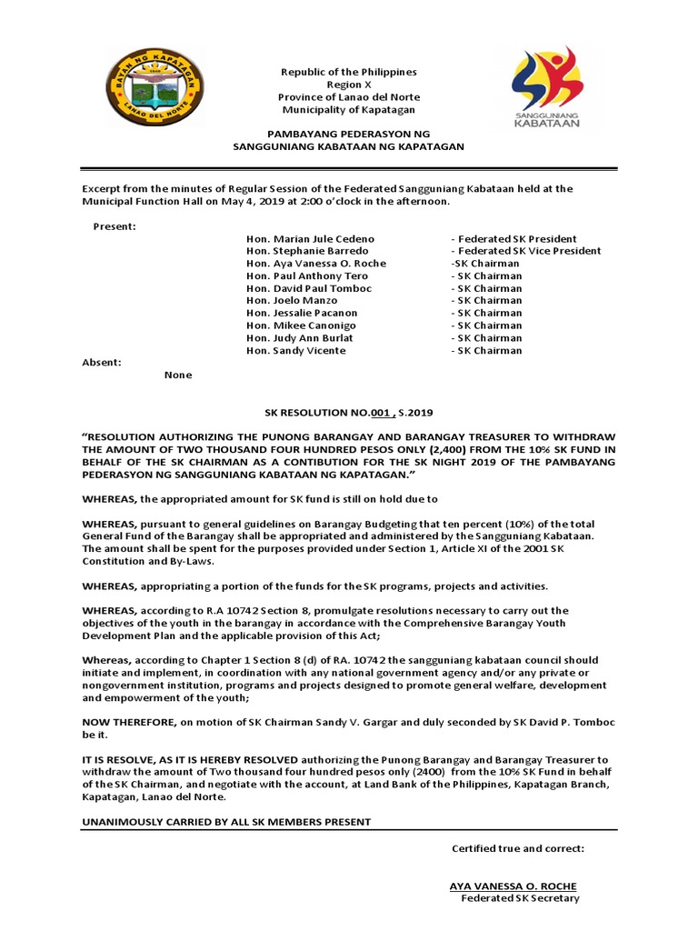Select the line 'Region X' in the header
349,84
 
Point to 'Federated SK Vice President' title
526,251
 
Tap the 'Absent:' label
102,363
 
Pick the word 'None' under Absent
178,375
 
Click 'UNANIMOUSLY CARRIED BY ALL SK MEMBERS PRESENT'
226,822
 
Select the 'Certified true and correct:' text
518,848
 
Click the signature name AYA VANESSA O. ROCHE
513,886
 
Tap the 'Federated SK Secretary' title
520,898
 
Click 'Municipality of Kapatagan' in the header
349,109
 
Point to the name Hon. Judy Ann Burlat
300,338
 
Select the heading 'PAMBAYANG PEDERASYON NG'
349,134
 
